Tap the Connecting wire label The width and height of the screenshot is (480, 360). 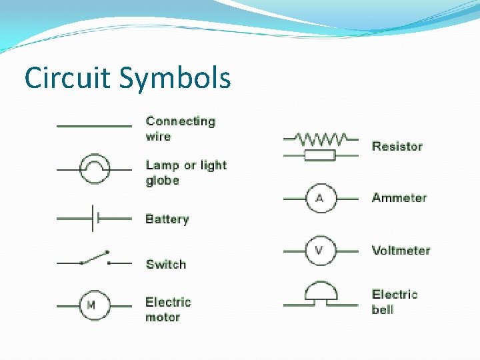[181, 129]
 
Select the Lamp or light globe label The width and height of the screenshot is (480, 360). [186, 173]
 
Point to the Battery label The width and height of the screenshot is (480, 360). [167, 219]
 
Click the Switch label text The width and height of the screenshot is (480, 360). [166, 264]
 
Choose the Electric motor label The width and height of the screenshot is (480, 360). [168, 309]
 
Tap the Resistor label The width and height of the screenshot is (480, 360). [397, 146]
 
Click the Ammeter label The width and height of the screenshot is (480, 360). [399, 197]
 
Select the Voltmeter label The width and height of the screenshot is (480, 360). [401, 251]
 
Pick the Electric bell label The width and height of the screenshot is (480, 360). [395, 301]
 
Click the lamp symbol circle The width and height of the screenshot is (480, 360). [94, 169]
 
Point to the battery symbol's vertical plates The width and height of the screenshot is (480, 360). [95, 218]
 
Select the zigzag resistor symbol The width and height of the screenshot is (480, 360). [321, 139]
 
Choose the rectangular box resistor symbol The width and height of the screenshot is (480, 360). [320, 155]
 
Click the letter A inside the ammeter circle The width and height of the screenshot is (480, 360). [319, 198]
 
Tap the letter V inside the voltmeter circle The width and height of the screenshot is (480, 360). [319, 250]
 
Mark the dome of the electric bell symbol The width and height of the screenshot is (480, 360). [321, 291]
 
